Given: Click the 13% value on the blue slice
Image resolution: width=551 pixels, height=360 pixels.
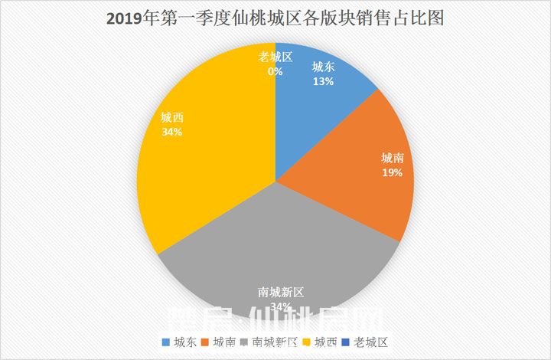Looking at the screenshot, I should (x=322, y=80).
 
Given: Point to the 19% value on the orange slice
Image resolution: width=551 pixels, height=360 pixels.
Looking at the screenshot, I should (x=393, y=173).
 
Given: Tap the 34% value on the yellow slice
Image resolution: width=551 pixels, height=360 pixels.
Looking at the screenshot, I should (x=171, y=132).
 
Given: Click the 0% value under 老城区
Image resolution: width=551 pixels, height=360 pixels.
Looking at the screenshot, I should (x=275, y=71).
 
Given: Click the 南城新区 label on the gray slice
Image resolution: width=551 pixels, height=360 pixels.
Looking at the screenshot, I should (x=281, y=293).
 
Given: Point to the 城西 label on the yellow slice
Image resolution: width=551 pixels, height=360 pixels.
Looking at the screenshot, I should (x=171, y=118).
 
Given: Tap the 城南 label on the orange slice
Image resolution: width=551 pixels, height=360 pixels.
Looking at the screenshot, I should (x=393, y=159).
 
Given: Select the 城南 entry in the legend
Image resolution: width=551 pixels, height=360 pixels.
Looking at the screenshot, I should (x=219, y=342).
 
